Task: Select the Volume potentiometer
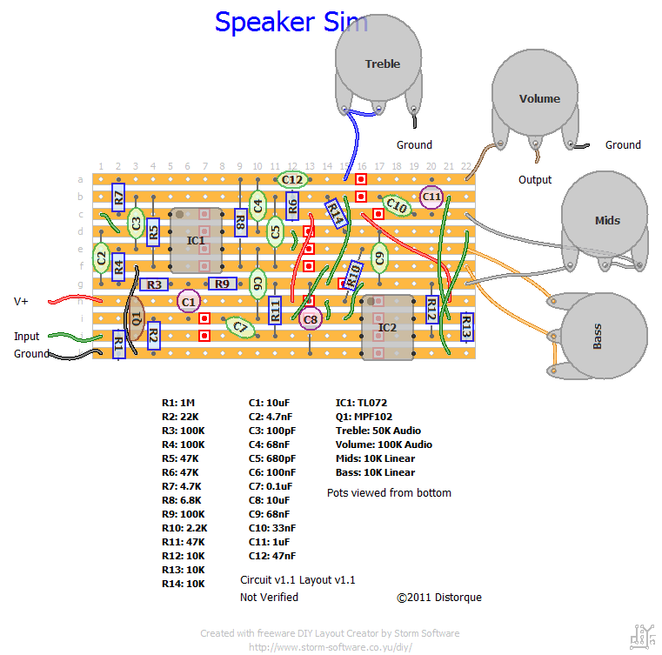pos(539,98)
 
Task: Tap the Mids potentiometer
pos(606,219)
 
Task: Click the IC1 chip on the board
pos(196,239)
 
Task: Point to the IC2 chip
pos(387,327)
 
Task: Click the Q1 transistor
pos(136,318)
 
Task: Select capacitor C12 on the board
pos(292,180)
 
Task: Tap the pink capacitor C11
pos(431,197)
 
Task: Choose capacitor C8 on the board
pos(311,319)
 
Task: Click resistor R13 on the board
pos(466,328)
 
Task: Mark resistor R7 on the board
pos(118,197)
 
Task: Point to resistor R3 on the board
pos(153,284)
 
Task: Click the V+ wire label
pos(21,301)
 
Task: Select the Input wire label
pos(26,336)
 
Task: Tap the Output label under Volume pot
pos(535,180)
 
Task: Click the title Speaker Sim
pos(291,22)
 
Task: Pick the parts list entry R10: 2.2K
pos(183,528)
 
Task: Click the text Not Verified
pos(269,598)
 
